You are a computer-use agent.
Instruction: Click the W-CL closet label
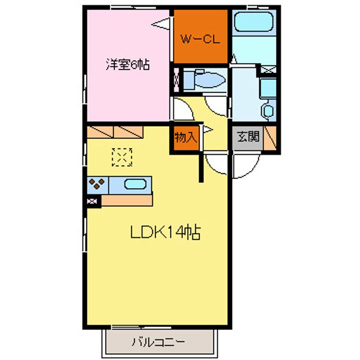coord(200,39)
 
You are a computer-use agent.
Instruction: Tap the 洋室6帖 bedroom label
coord(127,64)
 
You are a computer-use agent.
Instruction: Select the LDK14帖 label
coord(165,232)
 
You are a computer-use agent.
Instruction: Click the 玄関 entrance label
coord(248,137)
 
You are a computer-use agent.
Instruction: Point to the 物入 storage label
coord(185,138)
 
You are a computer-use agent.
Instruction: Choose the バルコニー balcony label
coord(158,342)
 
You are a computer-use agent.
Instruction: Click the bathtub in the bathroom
coord(254,21)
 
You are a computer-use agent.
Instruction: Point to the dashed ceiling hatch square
coord(122,157)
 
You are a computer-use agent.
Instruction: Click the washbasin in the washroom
coord(268,110)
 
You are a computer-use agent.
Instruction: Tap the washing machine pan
coord(268,87)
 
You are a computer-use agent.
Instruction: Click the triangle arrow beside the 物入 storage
coord(208,130)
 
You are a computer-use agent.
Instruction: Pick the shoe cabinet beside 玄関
coord(270,138)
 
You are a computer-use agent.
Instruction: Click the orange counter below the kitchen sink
coord(126,200)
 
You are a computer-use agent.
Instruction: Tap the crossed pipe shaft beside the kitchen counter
coord(92,201)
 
